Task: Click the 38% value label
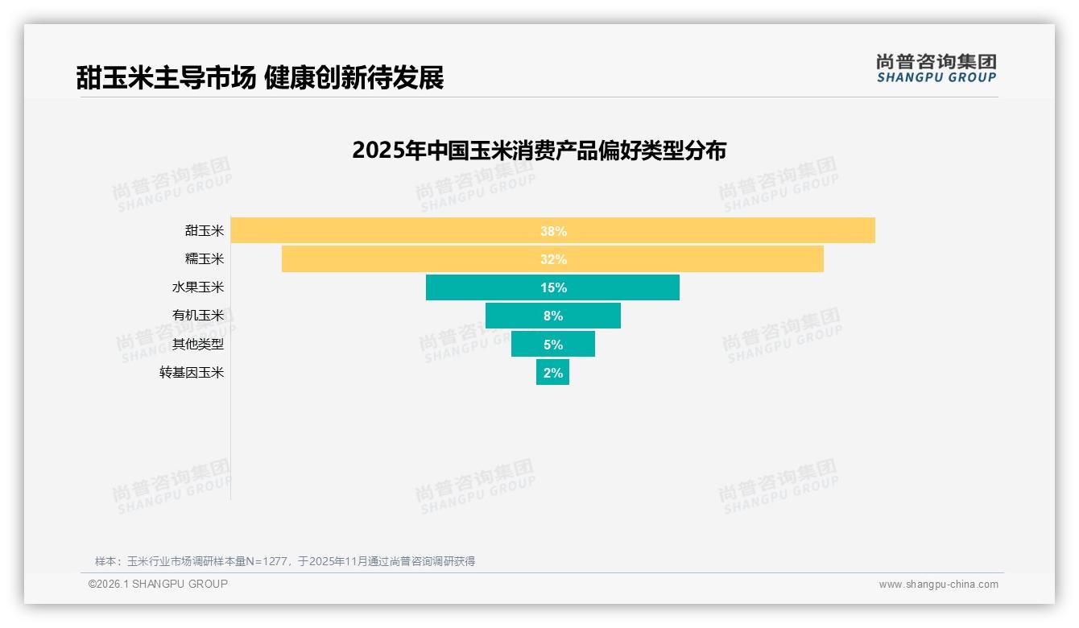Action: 553,231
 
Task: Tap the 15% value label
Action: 553,287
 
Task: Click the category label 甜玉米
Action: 205,231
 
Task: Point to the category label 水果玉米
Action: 198,287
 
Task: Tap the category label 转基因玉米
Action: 192,373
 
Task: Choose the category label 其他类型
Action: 198,345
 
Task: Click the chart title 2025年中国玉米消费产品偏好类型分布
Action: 539,151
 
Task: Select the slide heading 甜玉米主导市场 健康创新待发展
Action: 260,78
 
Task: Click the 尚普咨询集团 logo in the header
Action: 936,68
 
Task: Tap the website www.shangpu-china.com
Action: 938,585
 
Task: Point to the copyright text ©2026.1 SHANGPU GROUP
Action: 158,584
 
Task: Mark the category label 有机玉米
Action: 198,316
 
